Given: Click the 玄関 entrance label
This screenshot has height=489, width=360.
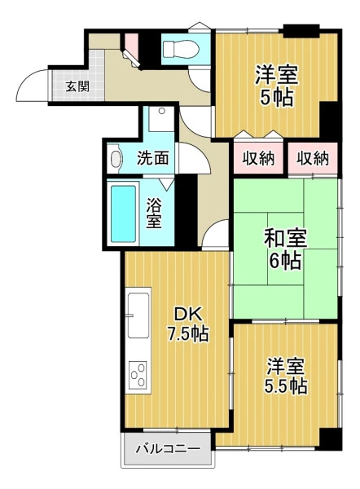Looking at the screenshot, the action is point(77,86).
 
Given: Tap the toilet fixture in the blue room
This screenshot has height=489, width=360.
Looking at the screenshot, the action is point(181,49).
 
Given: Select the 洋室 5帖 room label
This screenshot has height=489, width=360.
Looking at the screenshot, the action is point(276,86).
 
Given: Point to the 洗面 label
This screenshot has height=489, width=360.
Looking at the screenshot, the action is point(153,158).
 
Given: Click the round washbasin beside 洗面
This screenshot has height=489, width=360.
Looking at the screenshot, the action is point(116,159).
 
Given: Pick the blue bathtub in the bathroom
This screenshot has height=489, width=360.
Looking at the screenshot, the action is point(124,214).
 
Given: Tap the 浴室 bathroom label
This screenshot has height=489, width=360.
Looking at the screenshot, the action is point(154,214).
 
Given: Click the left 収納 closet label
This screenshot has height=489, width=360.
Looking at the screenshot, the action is point(259,158).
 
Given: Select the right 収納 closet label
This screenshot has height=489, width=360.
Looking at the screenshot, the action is point(312,158).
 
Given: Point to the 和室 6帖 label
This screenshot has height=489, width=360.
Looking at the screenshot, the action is point(285,249).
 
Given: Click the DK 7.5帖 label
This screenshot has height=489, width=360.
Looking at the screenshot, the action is point(188,324).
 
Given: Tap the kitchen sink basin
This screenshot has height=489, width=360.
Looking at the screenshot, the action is point(138,315).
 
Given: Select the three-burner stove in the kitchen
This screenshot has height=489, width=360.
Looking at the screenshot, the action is point(138,375).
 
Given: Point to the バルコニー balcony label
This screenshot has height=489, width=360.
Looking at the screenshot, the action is point(168,449).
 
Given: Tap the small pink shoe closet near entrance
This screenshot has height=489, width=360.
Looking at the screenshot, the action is point(131,44).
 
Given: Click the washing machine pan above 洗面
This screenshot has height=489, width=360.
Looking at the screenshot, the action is point(161,119).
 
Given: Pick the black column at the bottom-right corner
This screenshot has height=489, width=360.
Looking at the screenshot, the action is point(331,439).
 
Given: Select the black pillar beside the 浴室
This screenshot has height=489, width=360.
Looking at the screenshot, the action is point(187,210).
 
